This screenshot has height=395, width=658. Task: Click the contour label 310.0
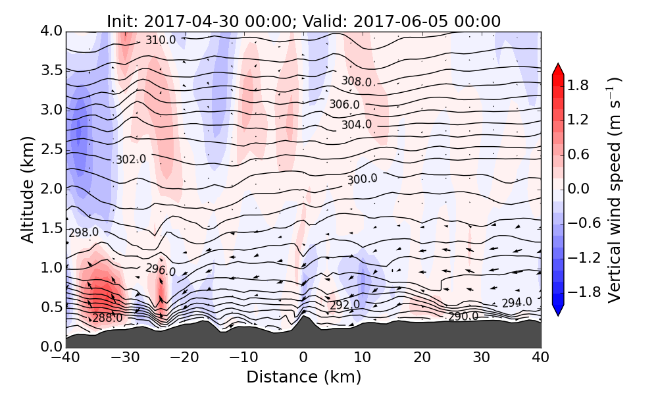(x=161, y=40)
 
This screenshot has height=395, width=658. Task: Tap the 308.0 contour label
(x=357, y=82)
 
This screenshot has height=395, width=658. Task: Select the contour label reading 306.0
(x=344, y=104)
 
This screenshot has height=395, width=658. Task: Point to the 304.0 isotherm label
(x=357, y=124)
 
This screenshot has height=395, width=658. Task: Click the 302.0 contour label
(x=130, y=159)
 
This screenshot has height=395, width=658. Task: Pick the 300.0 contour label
(x=362, y=179)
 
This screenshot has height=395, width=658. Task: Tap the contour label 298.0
(x=84, y=232)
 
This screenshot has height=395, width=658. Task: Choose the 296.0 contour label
(x=161, y=270)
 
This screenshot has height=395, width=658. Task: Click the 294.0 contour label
(x=517, y=303)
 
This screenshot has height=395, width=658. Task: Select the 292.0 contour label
(x=344, y=305)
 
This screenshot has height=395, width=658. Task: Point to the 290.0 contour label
(x=463, y=317)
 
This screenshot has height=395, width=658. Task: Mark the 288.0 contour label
(x=107, y=319)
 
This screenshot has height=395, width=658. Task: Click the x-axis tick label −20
(x=184, y=358)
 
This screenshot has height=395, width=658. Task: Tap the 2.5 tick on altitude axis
(x=51, y=149)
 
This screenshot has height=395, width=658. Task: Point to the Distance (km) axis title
(x=303, y=377)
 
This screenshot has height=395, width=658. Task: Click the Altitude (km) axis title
(x=27, y=189)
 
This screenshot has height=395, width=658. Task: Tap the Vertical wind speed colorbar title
(x=614, y=189)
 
